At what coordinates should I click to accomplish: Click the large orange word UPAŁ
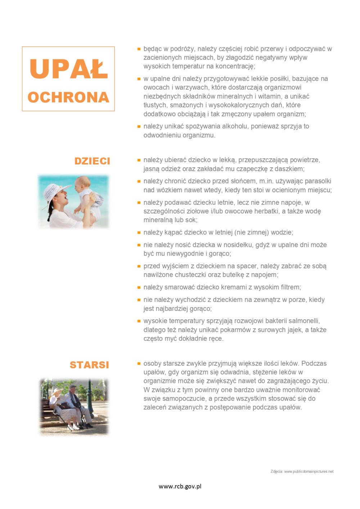68,69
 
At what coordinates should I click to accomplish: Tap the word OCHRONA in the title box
68,97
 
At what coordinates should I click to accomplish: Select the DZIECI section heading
92,161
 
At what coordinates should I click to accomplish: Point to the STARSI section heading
89,365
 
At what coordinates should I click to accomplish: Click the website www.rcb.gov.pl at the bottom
180,486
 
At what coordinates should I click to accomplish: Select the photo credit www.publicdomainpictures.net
309,471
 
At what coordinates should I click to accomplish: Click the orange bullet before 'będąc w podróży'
139,49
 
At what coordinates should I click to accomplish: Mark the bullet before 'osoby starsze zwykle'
139,364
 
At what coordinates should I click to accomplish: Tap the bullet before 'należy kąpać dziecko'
139,233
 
